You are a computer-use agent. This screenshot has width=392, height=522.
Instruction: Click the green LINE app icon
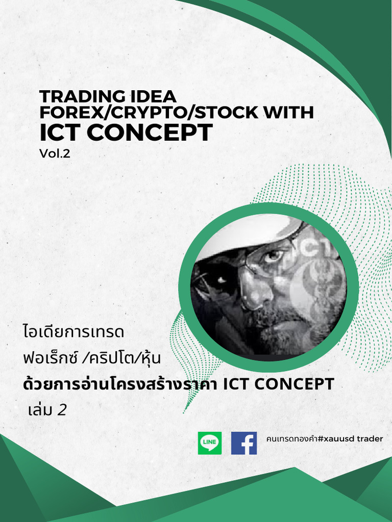tap(210, 443)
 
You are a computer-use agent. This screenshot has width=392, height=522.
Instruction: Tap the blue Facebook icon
tap(244, 443)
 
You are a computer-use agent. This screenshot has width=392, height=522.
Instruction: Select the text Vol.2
tap(55, 152)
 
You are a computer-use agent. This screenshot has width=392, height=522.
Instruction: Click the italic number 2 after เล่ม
tap(62, 409)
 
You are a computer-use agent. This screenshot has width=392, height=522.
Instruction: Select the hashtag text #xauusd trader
tap(350, 438)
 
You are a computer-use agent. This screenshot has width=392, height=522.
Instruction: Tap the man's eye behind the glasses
tap(274, 255)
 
